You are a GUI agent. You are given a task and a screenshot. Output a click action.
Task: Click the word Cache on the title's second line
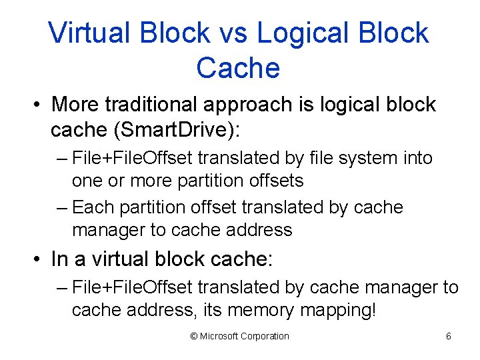point(238,67)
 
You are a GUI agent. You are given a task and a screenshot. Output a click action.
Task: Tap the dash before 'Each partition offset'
point(63,209)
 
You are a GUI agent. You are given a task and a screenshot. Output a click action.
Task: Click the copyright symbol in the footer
point(194,337)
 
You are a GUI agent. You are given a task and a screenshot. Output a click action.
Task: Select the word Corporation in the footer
point(265,337)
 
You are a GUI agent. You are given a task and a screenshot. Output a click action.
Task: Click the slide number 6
point(448,337)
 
